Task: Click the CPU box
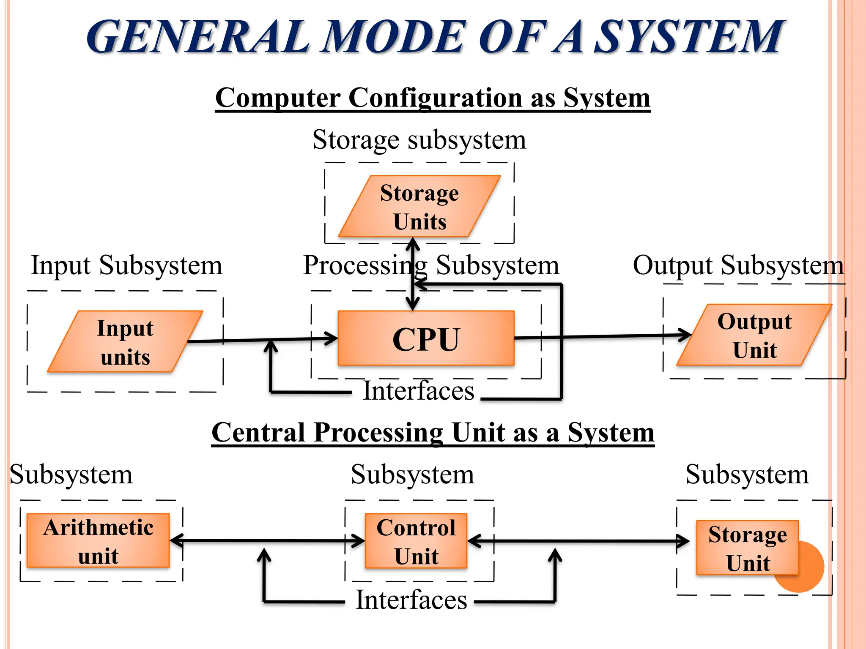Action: [426, 338]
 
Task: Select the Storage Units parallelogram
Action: [419, 207]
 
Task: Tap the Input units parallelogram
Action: [125, 342]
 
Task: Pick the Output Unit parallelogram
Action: [754, 335]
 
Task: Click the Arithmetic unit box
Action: [98, 541]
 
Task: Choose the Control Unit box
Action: [416, 541]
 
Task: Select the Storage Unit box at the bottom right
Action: [747, 548]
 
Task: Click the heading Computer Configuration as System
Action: [432, 98]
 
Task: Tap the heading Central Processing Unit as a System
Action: [433, 433]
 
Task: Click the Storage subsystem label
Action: [419, 140]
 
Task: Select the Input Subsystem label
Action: [126, 266]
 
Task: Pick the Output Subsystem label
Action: [738, 266]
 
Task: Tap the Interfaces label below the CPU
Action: [419, 391]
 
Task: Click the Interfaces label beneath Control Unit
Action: [411, 600]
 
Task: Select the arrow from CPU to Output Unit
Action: [600, 337]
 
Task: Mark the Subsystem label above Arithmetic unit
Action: [71, 475]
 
